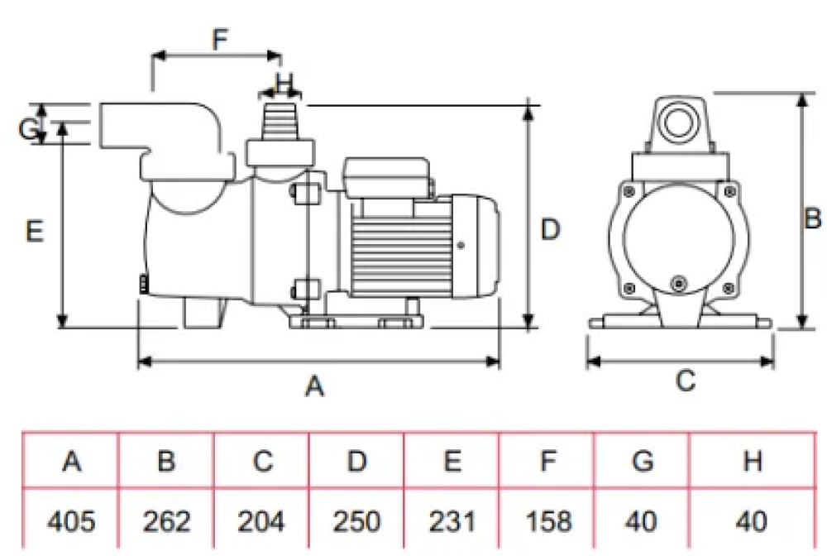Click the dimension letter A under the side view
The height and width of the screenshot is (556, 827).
[314, 386]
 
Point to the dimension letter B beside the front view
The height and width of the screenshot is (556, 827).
[814, 219]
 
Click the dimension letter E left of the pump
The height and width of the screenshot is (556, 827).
[34, 231]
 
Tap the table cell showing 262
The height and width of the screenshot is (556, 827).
[166, 521]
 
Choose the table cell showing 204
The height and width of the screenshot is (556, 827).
[261, 521]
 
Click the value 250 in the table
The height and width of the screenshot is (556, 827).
[356, 521]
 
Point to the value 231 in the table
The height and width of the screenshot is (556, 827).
[452, 521]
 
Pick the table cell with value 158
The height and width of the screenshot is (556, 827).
[547, 521]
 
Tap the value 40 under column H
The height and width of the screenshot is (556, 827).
[752, 521]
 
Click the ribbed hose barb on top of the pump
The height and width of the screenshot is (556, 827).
[280, 122]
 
